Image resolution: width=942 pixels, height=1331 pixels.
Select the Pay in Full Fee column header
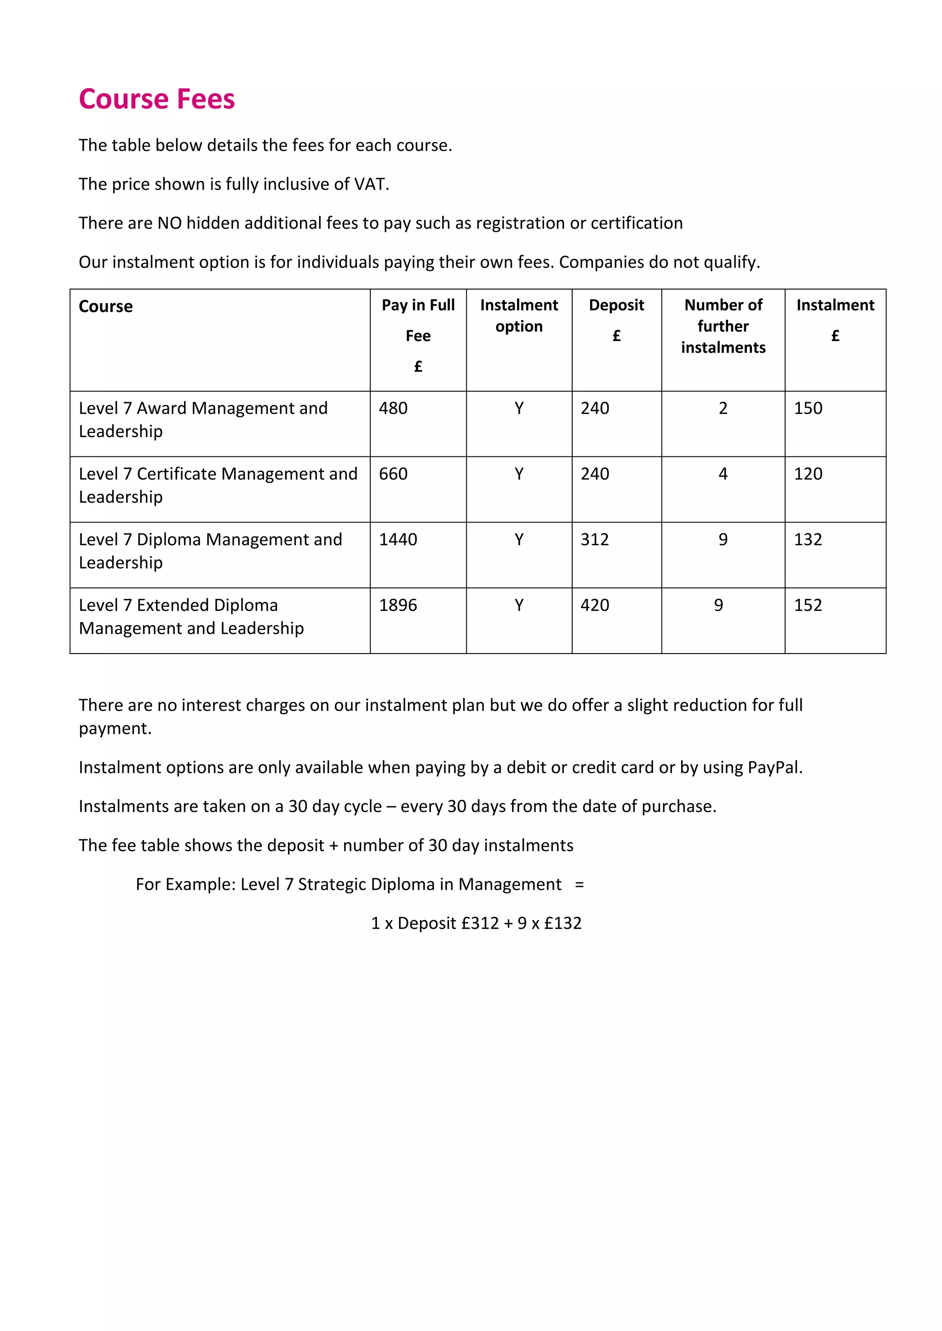coord(418,335)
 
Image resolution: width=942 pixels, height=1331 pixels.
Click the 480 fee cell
coord(393,408)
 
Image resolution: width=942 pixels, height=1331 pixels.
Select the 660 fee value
coord(393,474)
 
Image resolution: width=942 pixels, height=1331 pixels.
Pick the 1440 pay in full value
coord(398,539)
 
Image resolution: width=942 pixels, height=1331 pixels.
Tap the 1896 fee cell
coord(398,605)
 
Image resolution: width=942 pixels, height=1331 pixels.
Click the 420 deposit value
coord(595,605)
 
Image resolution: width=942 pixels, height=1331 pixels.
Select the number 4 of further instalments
coord(723,474)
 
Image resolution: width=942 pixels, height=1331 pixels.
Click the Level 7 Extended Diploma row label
coord(191,616)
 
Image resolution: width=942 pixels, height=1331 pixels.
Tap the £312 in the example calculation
coord(480,923)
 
